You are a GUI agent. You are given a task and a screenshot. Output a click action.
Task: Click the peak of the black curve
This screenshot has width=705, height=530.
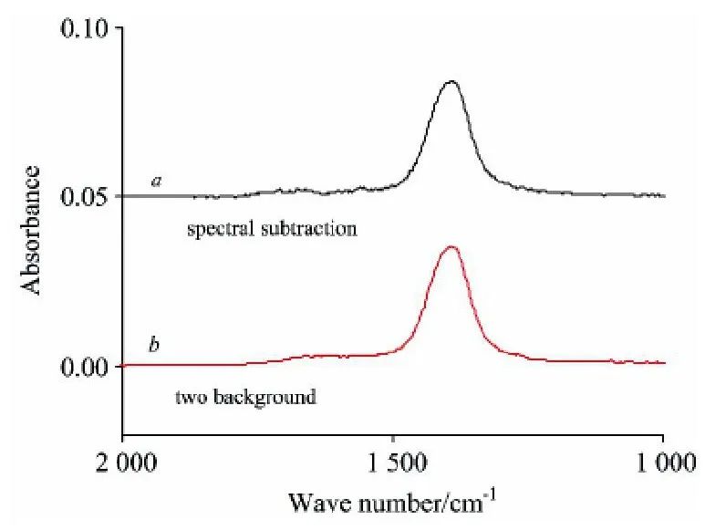point(451,81)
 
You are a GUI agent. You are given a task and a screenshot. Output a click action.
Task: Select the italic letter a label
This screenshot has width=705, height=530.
point(157,181)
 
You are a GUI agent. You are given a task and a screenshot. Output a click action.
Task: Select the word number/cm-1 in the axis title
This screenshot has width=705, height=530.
point(417,502)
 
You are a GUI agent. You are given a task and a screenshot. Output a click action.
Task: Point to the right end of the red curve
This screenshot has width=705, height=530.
point(664,363)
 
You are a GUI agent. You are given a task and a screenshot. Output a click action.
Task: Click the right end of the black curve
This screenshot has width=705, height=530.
point(664,195)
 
